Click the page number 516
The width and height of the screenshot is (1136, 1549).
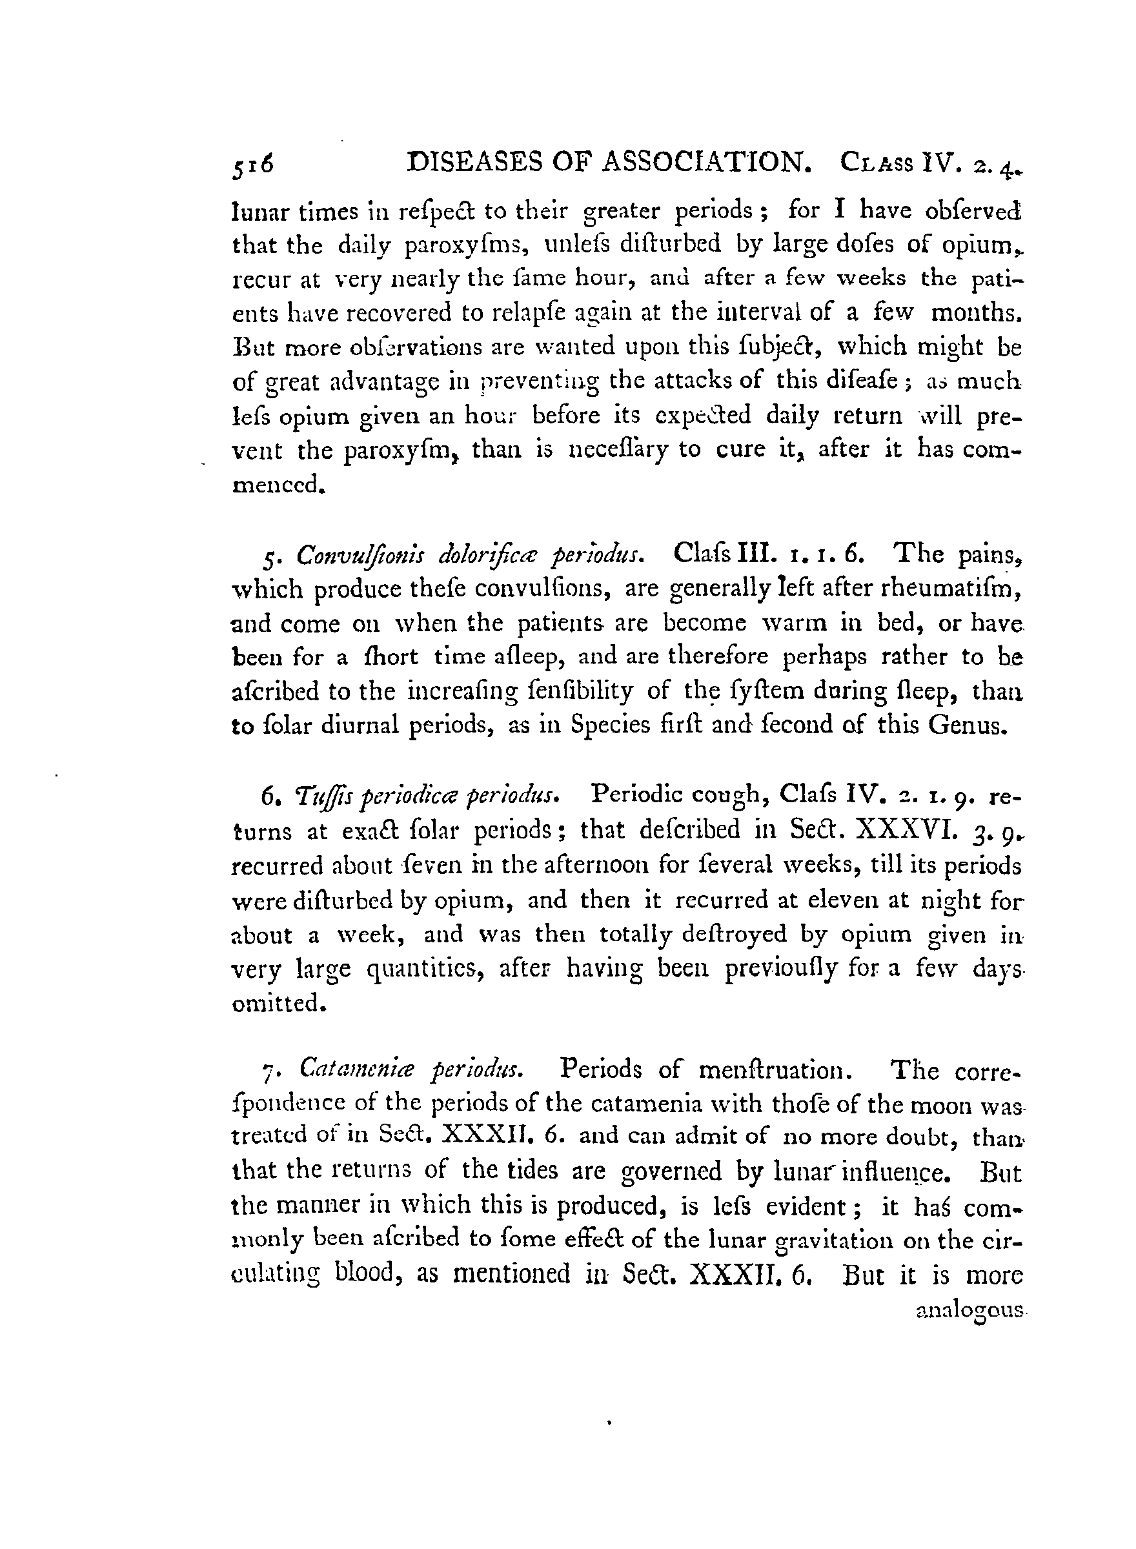(x=252, y=166)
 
